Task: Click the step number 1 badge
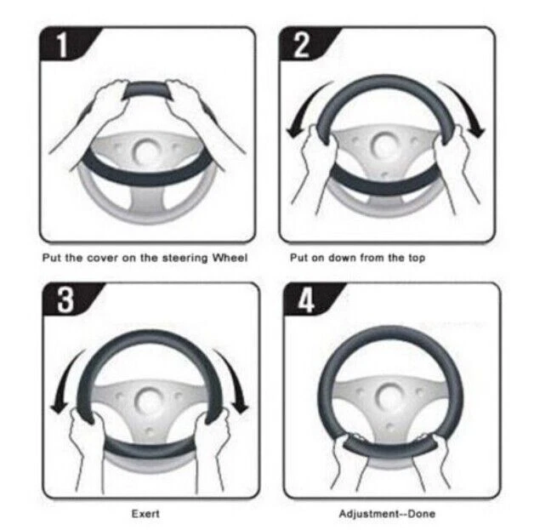point(65,43)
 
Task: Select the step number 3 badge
point(67,299)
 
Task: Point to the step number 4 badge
point(308,299)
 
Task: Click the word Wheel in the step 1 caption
point(230,258)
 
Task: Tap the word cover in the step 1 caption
point(102,258)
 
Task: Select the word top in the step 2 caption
point(417,258)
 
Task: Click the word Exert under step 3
point(145,513)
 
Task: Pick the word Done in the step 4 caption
point(421,513)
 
